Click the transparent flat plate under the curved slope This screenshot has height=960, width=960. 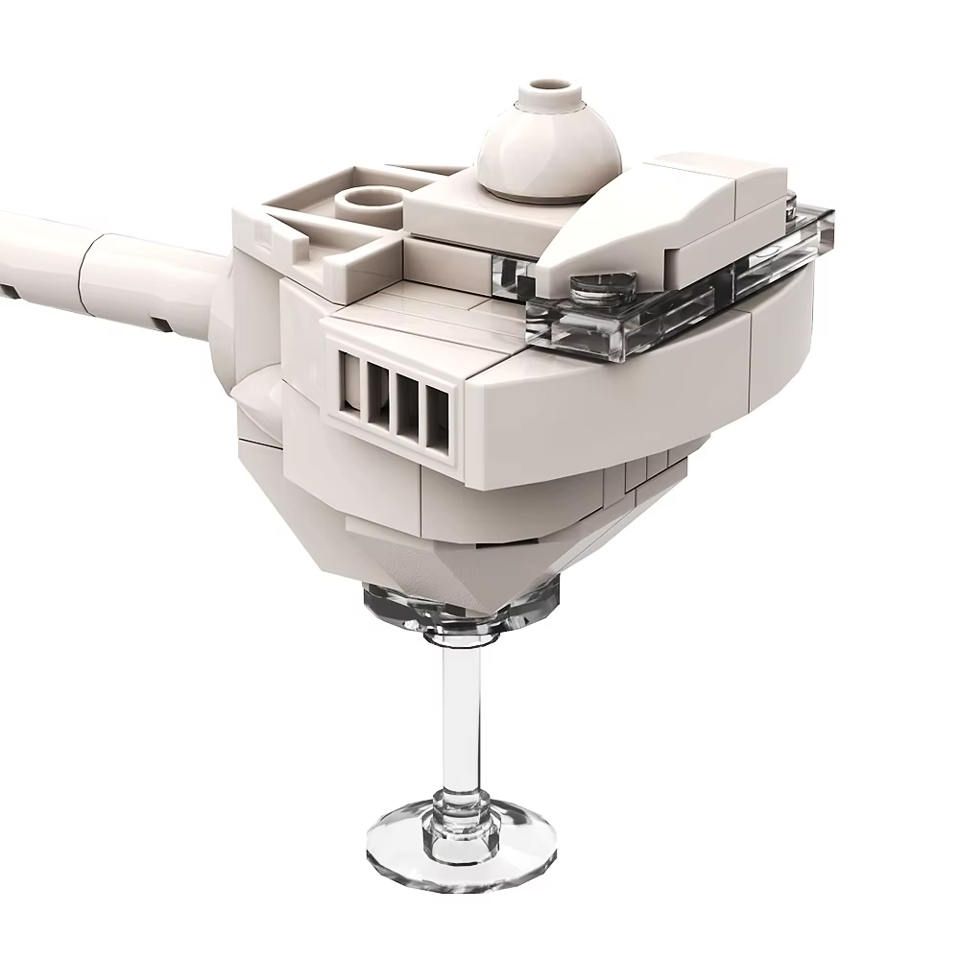672,307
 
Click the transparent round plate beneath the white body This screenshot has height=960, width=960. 461,610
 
